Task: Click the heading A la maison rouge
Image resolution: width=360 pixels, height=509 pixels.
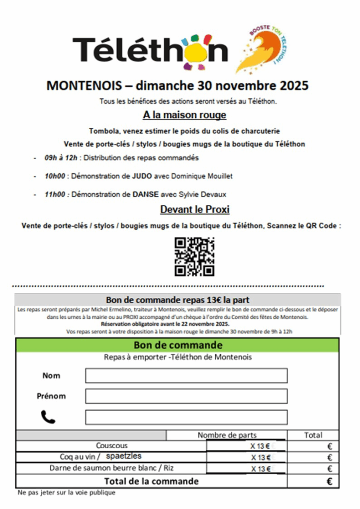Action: coord(184,115)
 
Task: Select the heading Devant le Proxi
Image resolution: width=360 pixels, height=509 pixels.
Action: coord(194,209)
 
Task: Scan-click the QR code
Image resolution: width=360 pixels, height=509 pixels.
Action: coord(194,256)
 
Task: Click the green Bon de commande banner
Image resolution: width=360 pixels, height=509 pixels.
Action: coord(178,345)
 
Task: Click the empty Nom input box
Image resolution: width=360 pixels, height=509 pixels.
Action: coord(186,375)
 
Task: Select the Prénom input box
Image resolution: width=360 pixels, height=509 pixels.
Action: coord(186,396)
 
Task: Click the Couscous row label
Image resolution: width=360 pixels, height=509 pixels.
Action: coord(112,445)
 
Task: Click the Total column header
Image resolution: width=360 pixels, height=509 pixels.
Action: coord(313,435)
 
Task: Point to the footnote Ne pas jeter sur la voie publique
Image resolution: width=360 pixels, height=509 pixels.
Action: coord(66,493)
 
